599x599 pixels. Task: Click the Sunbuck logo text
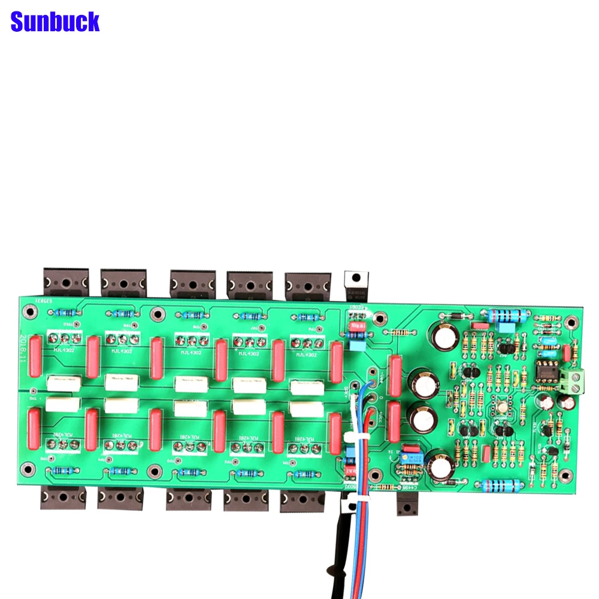click(55, 22)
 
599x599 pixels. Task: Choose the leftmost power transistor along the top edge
click(65, 282)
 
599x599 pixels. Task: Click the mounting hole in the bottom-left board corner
click(26, 467)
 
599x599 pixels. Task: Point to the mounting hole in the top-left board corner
click(28, 311)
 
